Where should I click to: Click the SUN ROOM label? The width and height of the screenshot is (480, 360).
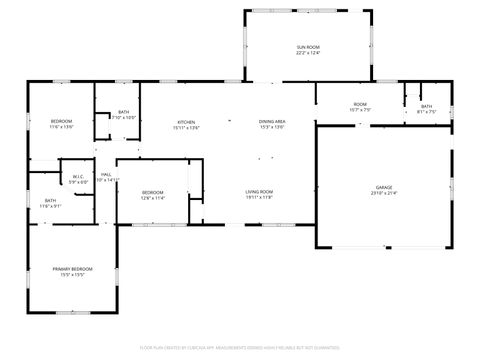[x=307, y=47]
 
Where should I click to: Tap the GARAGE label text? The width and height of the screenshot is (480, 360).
[x=384, y=187]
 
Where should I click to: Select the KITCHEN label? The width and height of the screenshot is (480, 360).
[x=186, y=121]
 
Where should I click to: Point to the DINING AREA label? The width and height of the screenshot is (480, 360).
[x=273, y=121]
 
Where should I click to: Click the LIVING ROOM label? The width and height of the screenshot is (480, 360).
[x=260, y=191]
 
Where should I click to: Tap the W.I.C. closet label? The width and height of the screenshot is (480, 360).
[x=77, y=177]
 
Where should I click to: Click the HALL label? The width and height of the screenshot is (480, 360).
[x=105, y=176]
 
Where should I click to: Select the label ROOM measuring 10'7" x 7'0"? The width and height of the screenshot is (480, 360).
[x=359, y=104]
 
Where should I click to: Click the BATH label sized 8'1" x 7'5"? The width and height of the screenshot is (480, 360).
[x=426, y=106]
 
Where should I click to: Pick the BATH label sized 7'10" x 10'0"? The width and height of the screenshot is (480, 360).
[x=123, y=112]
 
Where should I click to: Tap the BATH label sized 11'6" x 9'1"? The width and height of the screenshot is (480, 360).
[x=50, y=200]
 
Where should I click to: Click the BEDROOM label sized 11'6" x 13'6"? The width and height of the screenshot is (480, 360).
[x=61, y=121]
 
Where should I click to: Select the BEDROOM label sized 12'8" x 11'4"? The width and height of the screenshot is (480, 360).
[x=152, y=192]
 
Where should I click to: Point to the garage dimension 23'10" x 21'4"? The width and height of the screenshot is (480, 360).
[x=384, y=193]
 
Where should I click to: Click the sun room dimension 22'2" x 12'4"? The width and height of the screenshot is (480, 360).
[x=307, y=53]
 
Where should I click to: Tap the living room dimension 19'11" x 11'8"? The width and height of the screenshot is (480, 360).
[x=260, y=197]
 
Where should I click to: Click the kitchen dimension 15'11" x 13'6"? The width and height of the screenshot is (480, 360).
[x=186, y=127]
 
